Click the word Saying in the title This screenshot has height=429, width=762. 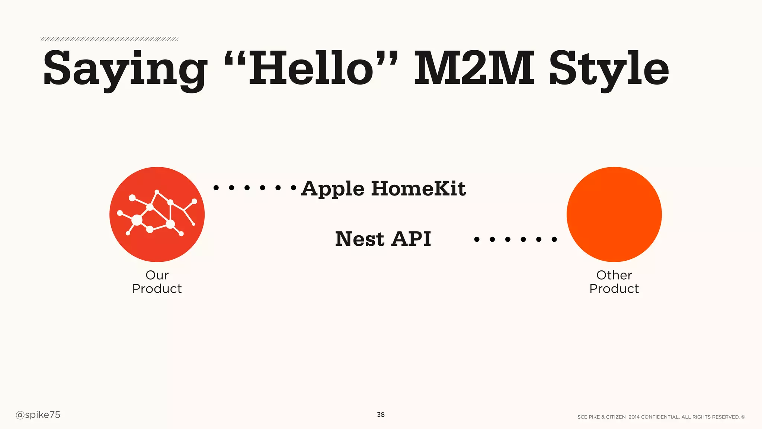[x=125, y=69]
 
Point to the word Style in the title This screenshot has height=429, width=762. [x=609, y=69]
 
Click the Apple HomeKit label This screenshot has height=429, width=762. [x=383, y=188]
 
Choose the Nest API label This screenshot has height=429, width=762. [x=383, y=239]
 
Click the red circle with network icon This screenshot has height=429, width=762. [x=157, y=214]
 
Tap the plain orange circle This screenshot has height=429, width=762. [x=614, y=214]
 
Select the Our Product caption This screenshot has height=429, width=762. [x=157, y=282]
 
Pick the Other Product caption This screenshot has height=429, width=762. [x=614, y=282]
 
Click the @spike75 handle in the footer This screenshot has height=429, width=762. [x=38, y=415]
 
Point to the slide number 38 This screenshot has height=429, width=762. [x=381, y=414]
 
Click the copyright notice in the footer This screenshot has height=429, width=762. [x=661, y=417]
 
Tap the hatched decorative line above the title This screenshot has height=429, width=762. [x=109, y=39]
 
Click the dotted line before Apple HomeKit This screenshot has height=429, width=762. [x=255, y=188]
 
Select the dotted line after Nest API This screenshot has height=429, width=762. [x=515, y=239]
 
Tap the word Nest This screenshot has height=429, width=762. [x=360, y=239]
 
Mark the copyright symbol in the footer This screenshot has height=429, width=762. [x=743, y=417]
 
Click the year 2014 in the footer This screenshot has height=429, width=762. [x=634, y=417]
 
